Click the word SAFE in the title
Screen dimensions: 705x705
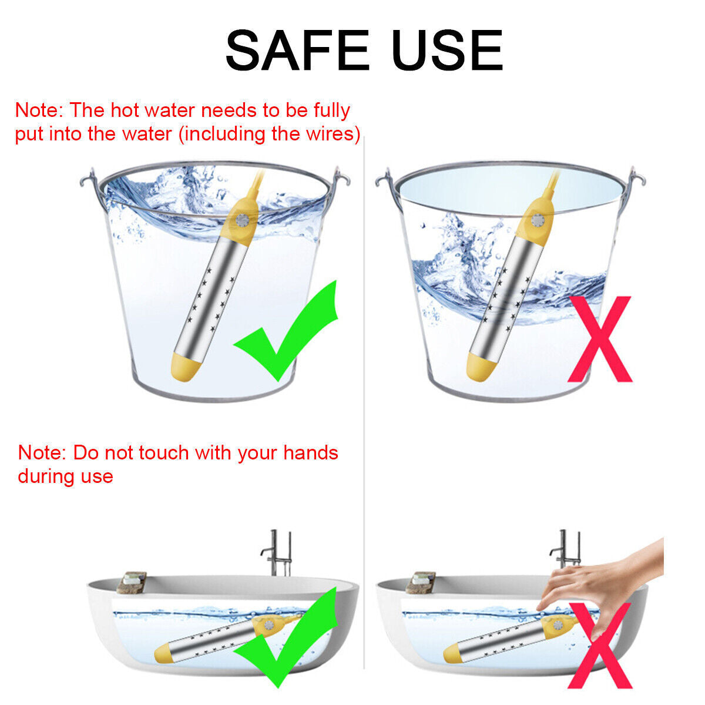click(x=297, y=50)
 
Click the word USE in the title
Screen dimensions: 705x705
click(x=447, y=50)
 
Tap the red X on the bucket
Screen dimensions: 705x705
click(x=600, y=339)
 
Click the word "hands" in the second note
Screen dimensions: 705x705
click(x=311, y=453)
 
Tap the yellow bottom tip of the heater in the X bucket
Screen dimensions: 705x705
click(x=481, y=367)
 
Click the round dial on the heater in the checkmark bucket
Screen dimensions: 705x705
click(x=242, y=221)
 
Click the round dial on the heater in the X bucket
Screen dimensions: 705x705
click(x=538, y=221)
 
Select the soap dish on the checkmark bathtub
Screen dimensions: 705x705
click(x=132, y=582)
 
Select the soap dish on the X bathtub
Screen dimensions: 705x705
click(x=421, y=582)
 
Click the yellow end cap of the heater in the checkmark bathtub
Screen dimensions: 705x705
click(x=163, y=653)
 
